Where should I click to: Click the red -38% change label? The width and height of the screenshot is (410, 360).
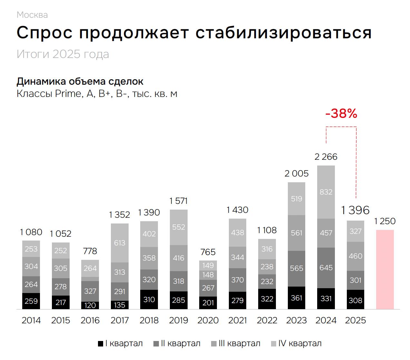[341, 114]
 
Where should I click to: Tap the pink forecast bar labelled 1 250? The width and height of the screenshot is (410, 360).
[385, 269]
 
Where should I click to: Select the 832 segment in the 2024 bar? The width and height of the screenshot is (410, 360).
[326, 192]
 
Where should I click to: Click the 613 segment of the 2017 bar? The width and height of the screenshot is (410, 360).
[120, 243]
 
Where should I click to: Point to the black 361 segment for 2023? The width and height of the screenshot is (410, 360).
[297, 298]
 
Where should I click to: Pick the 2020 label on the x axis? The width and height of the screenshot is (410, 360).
[208, 320]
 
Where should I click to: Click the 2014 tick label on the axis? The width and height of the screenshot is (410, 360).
[31, 320]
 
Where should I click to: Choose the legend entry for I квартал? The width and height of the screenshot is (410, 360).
[120, 344]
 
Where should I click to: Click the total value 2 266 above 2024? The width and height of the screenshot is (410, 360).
[326, 157]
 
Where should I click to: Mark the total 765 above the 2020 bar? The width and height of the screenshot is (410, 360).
[208, 252]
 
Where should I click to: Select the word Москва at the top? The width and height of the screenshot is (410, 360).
[32, 15]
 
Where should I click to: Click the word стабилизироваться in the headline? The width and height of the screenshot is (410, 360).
[284, 33]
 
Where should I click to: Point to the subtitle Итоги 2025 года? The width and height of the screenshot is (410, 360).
[63, 54]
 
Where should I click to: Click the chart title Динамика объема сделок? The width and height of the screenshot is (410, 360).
[80, 81]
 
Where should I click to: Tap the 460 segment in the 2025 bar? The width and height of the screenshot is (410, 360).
[356, 256]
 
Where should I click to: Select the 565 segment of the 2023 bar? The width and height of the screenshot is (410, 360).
[297, 268]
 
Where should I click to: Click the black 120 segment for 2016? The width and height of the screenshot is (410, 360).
[90, 305]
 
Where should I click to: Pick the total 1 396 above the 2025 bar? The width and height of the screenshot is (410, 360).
[355, 210]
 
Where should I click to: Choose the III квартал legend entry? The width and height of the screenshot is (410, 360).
[236, 344]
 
